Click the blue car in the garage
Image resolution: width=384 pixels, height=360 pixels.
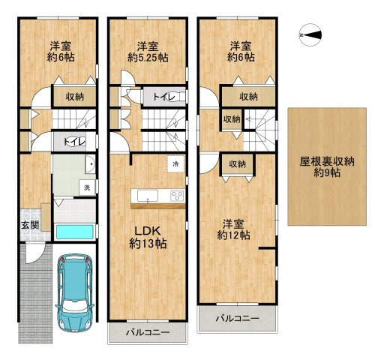click(x=74, y=292)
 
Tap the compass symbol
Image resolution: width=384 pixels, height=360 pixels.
click(x=310, y=35)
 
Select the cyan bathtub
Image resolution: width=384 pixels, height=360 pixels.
click(x=75, y=232)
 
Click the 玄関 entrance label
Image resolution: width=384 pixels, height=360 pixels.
click(x=30, y=226)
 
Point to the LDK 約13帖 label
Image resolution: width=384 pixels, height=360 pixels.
click(x=148, y=237)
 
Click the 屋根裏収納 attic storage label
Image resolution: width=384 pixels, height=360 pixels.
click(x=327, y=162)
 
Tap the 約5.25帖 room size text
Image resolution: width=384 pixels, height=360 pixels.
click(x=148, y=58)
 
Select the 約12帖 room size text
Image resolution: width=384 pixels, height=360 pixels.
click(x=233, y=235)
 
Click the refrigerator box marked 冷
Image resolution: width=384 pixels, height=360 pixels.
click(x=176, y=164)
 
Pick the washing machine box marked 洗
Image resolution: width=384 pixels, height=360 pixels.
click(x=87, y=187)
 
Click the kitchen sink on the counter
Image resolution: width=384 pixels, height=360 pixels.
click(x=148, y=196)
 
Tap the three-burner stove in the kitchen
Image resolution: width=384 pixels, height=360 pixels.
click(x=177, y=196)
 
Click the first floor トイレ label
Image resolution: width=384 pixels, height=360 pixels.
click(x=75, y=142)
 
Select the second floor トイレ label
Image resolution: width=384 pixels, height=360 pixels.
click(x=164, y=97)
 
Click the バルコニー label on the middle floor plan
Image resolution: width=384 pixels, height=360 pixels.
click(x=148, y=332)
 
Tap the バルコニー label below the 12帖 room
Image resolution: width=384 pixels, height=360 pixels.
click(x=238, y=319)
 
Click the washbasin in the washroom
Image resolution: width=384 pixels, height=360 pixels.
click(x=90, y=164)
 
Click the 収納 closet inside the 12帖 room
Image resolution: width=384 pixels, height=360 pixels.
click(x=238, y=164)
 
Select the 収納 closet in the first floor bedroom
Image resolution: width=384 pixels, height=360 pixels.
click(x=75, y=97)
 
